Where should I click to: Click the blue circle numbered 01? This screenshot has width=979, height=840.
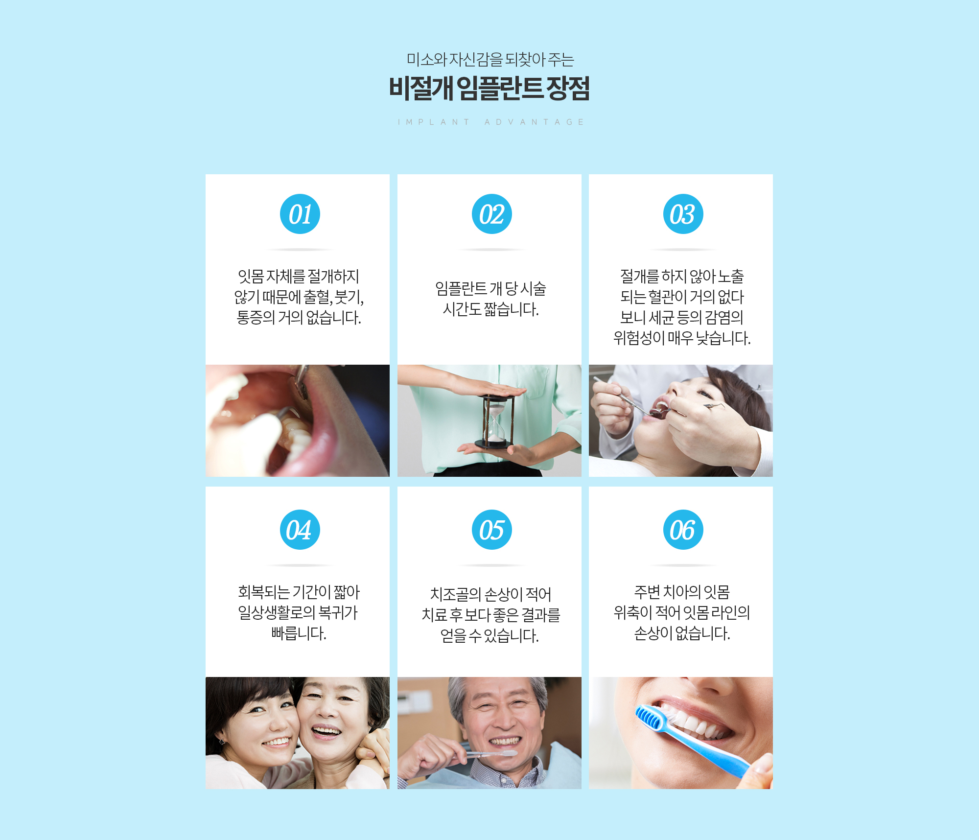pos(300,214)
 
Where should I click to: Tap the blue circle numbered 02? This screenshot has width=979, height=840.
pos(492,214)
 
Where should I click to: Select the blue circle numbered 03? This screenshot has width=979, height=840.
pos(683,214)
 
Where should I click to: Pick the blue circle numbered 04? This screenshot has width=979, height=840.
pos(300,530)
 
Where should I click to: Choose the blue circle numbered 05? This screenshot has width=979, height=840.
pos(492,530)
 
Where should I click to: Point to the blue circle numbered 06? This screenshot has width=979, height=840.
pos(683,530)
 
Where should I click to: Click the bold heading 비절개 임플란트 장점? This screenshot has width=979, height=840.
pos(489,89)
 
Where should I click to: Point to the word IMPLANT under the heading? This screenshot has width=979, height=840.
pos(434,122)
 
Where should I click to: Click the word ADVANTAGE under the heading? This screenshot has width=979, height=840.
pos(534,122)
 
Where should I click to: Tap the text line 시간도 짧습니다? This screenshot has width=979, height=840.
pos(491,309)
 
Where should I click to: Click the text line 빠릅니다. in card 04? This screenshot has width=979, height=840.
pos(299,633)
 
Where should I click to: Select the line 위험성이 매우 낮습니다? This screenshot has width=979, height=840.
pos(682,338)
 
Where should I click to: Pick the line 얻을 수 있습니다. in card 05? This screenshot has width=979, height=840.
pos(489,635)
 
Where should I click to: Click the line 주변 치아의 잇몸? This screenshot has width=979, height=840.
pos(682,592)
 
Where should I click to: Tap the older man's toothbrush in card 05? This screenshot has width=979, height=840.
pos(487,754)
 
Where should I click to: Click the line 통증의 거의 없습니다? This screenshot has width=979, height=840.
pos(299,318)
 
